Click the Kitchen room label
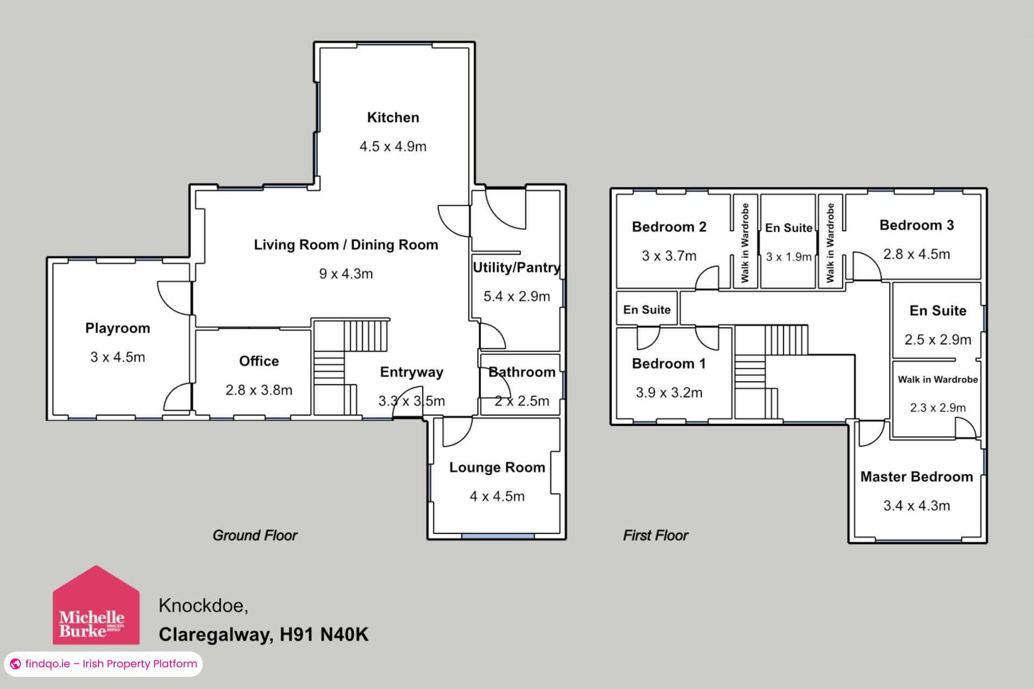(x=393, y=117)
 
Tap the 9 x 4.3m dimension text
(x=346, y=273)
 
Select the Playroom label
(x=117, y=328)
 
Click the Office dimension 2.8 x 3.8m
(x=258, y=390)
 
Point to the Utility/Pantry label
(x=516, y=268)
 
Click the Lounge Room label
(x=497, y=467)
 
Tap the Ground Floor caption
(x=255, y=535)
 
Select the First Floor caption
(x=655, y=535)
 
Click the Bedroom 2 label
(x=669, y=227)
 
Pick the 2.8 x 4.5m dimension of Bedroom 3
(x=916, y=254)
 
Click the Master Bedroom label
(x=916, y=476)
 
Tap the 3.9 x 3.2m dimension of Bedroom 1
(x=669, y=392)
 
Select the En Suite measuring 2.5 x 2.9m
(x=938, y=311)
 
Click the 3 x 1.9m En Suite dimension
(x=788, y=257)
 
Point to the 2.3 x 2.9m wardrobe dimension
(x=938, y=407)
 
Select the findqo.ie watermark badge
(x=103, y=664)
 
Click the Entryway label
(x=411, y=372)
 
